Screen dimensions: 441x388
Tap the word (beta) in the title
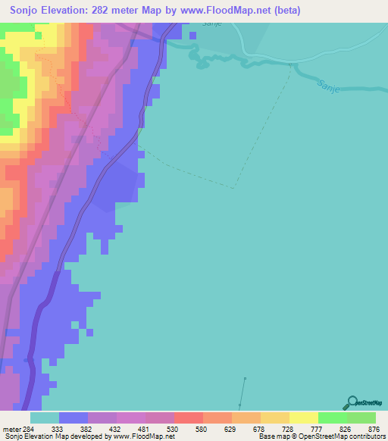[x=286, y=11]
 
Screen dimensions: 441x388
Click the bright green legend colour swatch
[x=333, y=417]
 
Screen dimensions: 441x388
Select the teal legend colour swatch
[x=45, y=417]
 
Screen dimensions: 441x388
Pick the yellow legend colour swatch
[x=304, y=417]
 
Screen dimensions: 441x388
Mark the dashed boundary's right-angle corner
[x=234, y=187]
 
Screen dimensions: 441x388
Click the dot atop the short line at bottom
[x=245, y=378]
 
